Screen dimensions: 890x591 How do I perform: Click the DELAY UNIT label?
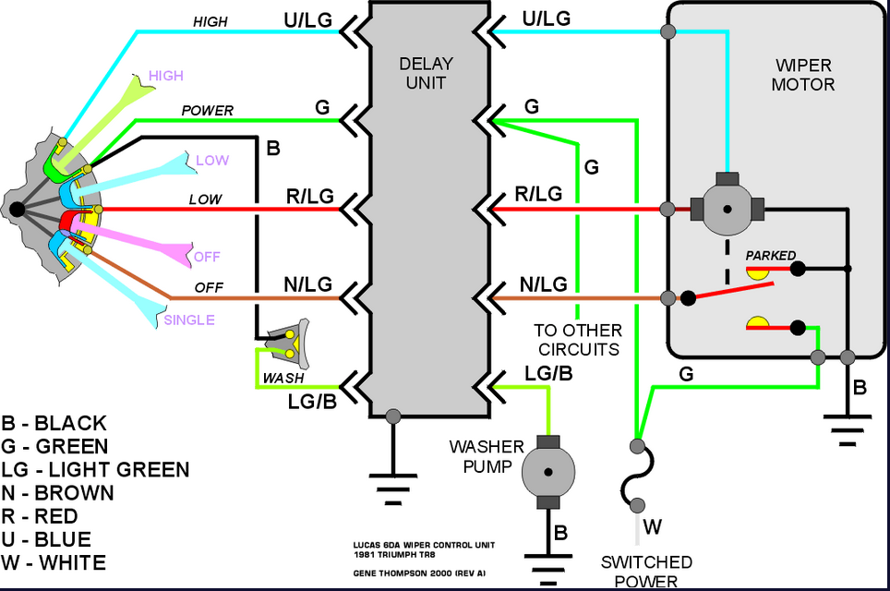[427, 73]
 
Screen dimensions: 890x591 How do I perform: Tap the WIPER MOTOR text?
[803, 75]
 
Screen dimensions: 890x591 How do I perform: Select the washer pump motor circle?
[547, 472]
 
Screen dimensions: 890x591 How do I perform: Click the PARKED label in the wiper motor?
[770, 256]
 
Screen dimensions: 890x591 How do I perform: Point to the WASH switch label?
[283, 378]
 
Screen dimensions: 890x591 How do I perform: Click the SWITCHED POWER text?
[646, 572]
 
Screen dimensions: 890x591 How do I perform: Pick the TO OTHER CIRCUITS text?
[578, 340]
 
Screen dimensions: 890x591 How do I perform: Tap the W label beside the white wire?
[653, 527]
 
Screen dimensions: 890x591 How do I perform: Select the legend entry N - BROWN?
[57, 493]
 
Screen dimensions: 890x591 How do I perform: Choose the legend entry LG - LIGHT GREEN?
[95, 469]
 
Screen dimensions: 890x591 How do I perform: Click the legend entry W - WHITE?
[54, 562]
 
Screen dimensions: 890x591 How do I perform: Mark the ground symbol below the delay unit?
[392, 488]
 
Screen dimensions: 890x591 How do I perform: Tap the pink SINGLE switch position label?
[189, 320]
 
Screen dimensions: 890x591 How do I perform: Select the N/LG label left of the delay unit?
[308, 283]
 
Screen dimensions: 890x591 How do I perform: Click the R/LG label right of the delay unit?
[538, 194]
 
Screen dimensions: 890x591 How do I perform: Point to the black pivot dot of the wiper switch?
[17, 210]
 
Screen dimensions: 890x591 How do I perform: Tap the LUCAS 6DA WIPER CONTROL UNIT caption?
[424, 545]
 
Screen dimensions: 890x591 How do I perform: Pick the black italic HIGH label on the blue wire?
[210, 21]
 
